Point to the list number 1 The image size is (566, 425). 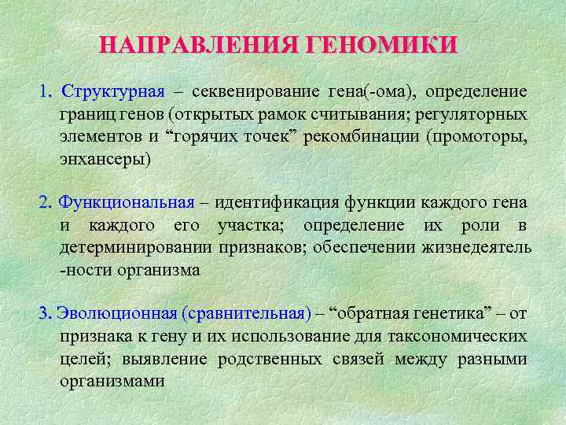coord(44,92)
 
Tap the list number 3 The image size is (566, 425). coord(44,314)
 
